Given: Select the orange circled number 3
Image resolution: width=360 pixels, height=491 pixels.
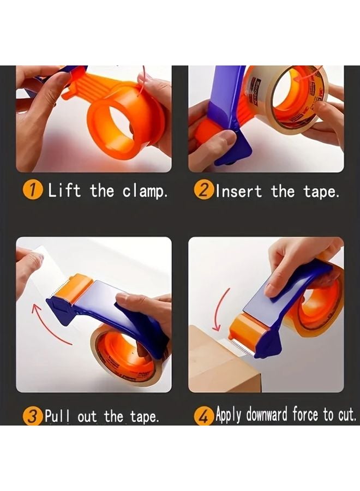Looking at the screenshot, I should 33,417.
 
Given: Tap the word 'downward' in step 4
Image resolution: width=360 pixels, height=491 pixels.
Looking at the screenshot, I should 267,416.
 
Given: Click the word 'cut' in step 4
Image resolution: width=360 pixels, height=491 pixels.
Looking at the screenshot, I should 345,416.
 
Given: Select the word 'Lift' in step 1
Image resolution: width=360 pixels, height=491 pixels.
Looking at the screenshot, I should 64,190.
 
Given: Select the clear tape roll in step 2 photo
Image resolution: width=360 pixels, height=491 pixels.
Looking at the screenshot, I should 292,98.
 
